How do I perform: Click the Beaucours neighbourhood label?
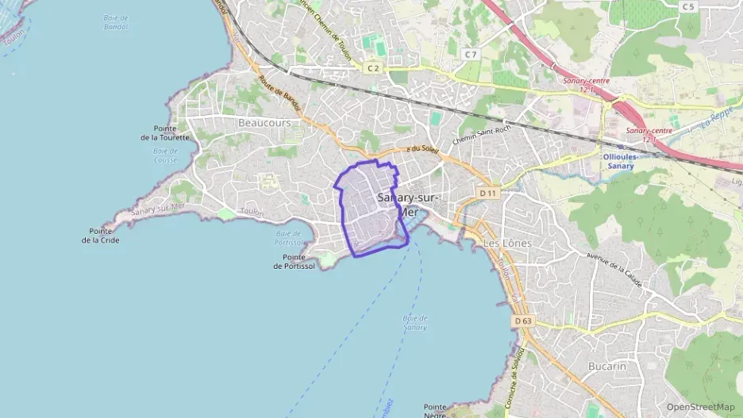coord(264,123)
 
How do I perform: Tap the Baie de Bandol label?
coord(116,22)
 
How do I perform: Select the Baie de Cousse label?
coord(165,155)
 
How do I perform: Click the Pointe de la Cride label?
coord(101,236)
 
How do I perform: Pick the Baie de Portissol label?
coord(289,238)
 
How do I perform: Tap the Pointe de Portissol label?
coord(294,262)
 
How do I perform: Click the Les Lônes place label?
coord(507,243)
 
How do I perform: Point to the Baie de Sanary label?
coord(414,323)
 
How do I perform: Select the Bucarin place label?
coord(607,366)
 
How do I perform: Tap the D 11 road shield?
coord(487,194)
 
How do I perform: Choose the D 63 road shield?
coord(522,320)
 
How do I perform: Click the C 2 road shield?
coord(373,68)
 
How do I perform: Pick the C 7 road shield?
coord(471,54)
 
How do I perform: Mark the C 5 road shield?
coord(687,7)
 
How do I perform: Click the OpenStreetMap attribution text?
coord(700,407)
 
